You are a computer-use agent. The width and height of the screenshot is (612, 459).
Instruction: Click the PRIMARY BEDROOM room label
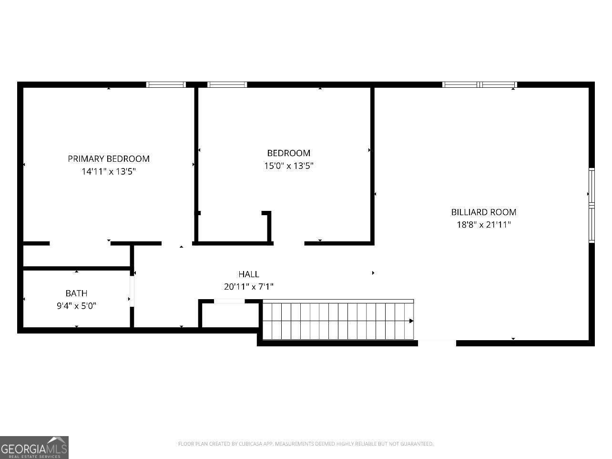pos(109,159)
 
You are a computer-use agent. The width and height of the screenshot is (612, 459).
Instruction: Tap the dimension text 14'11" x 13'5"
pos(109,171)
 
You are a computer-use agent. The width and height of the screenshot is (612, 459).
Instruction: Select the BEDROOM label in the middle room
pos(288,153)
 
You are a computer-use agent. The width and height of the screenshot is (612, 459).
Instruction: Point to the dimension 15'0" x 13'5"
pos(288,166)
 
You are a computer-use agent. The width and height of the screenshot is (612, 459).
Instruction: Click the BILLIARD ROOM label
pos(483,212)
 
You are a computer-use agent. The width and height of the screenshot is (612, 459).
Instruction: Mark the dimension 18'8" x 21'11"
pos(483,225)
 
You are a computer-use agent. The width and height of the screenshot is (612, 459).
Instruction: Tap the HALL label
pos(248,274)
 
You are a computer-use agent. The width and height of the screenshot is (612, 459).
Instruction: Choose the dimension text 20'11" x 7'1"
pos(248,287)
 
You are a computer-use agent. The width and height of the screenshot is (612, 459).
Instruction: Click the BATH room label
pos(76,293)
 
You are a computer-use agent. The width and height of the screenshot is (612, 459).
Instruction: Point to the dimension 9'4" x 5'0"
pos(76,306)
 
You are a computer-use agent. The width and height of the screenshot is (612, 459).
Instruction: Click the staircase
pos(337,321)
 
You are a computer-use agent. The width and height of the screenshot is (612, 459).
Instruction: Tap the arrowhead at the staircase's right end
pos(411,321)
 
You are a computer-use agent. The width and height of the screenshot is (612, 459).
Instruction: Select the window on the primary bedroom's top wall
pos(165,85)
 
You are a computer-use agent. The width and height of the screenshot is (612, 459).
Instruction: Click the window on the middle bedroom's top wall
pos(227,85)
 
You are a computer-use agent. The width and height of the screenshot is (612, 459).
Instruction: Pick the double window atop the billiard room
pos(479,85)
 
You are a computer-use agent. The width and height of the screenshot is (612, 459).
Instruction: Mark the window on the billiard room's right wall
pos(592,205)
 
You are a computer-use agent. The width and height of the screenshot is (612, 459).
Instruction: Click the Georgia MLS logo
pos(34,448)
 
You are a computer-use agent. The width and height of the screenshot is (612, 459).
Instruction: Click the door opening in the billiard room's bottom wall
pos(437,343)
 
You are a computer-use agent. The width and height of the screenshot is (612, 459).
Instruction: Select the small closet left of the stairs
pos(229,314)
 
